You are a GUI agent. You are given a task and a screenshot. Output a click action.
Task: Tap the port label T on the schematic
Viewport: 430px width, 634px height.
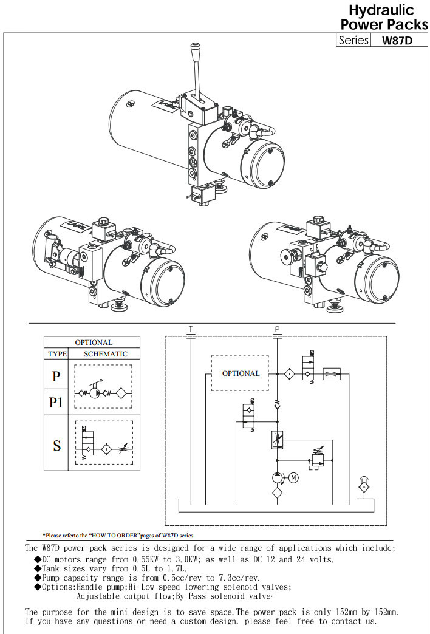click(191, 329)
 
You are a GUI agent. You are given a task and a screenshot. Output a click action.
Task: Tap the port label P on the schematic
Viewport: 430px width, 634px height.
click(277, 329)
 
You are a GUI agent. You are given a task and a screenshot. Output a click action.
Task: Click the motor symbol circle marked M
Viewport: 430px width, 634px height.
click(293, 478)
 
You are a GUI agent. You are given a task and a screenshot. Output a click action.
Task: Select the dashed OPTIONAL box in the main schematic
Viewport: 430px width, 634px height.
click(240, 373)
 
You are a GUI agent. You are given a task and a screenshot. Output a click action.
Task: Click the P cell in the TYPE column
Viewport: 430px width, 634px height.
click(56, 377)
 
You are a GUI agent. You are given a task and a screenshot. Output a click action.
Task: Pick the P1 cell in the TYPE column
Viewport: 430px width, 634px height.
click(56, 402)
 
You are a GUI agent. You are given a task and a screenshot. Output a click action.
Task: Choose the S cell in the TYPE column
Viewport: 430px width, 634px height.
click(56, 445)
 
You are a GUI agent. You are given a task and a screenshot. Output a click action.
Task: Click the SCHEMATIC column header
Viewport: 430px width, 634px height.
click(101, 353)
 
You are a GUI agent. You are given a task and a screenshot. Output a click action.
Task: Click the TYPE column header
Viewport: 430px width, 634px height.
click(56, 353)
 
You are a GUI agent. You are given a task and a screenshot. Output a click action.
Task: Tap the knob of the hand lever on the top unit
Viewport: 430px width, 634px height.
click(196, 49)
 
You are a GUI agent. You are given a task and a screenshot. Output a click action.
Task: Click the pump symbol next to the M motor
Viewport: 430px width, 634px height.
click(278, 478)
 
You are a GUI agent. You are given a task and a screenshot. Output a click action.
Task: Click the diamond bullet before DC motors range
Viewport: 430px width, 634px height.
click(37, 560)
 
